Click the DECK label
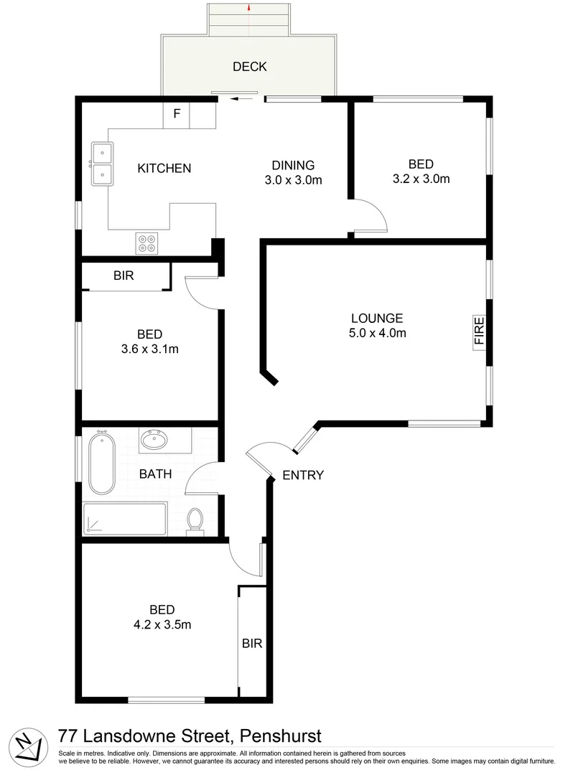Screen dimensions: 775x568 pyautogui.click(x=249, y=67)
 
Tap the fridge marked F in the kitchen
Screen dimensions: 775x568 pyautogui.click(x=177, y=114)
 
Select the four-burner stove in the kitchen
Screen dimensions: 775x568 pyautogui.click(x=147, y=243)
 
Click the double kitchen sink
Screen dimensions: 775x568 pyautogui.click(x=101, y=163)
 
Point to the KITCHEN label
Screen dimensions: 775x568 pyautogui.click(x=164, y=169)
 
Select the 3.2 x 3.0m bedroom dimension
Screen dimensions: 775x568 pyautogui.click(x=421, y=179)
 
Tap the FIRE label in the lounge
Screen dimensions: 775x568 pyautogui.click(x=479, y=332)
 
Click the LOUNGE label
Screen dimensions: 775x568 pyautogui.click(x=377, y=318)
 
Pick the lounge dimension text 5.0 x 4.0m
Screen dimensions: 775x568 pyautogui.click(x=378, y=333)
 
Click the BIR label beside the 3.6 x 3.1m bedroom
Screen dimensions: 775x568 pyautogui.click(x=124, y=276)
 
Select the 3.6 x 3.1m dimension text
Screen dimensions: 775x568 pyautogui.click(x=149, y=349)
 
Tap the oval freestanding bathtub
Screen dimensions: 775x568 pyautogui.click(x=101, y=462)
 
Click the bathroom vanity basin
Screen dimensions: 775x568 pyautogui.click(x=156, y=439)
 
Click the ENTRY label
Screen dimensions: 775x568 pyautogui.click(x=303, y=475)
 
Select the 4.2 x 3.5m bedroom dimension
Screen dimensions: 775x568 pyautogui.click(x=162, y=624)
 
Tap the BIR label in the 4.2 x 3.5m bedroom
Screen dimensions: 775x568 pyautogui.click(x=251, y=644)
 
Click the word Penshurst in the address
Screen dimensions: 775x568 pyautogui.click(x=280, y=736)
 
